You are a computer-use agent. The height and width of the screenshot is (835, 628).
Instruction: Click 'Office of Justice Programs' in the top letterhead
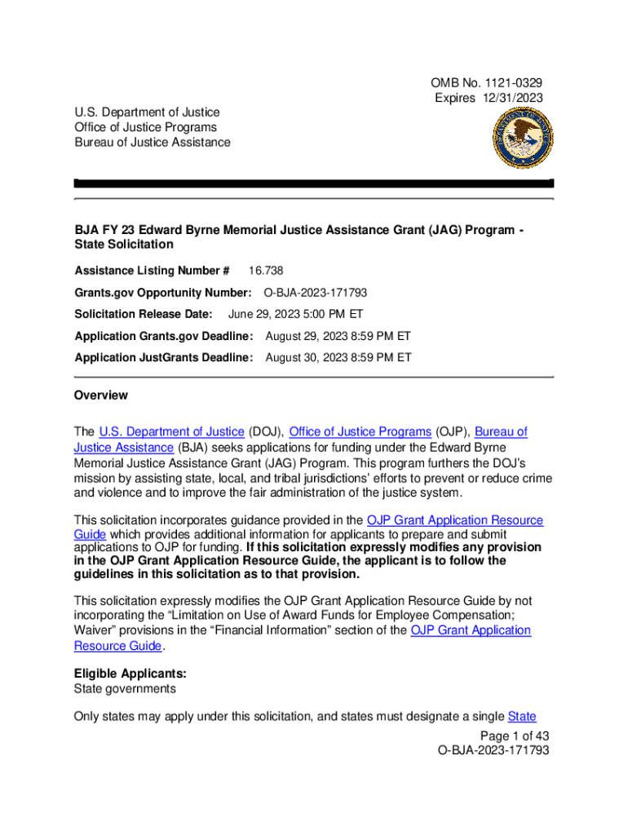click(145, 127)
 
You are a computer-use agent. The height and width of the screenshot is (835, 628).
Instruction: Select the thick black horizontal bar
click(314, 183)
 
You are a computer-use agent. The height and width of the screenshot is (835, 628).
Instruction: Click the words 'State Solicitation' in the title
click(124, 244)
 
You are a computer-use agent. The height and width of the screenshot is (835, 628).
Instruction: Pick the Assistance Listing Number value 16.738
click(266, 271)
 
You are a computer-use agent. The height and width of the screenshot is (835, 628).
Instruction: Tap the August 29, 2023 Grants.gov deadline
click(338, 336)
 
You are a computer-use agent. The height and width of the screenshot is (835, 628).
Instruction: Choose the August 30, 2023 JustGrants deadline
click(338, 357)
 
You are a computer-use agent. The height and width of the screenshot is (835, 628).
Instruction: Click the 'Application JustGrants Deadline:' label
click(164, 357)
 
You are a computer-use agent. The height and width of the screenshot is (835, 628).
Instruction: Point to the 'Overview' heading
click(101, 395)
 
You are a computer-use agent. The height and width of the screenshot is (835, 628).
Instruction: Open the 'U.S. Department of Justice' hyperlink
click(171, 431)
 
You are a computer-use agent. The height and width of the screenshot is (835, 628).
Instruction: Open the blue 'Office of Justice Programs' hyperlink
click(360, 431)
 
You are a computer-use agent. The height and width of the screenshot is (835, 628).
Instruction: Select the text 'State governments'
click(125, 689)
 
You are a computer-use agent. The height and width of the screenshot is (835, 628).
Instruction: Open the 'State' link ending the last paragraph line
click(521, 717)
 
